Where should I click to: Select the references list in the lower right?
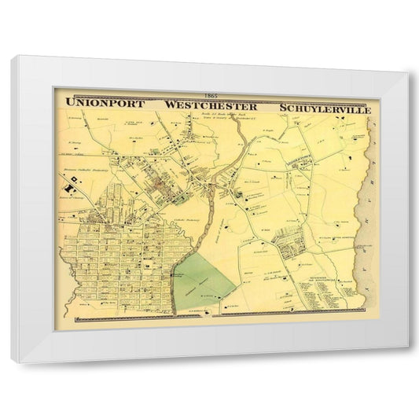click(318, 291)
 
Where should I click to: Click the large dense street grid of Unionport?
click(118, 252)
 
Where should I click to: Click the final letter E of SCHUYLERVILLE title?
click(362, 106)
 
